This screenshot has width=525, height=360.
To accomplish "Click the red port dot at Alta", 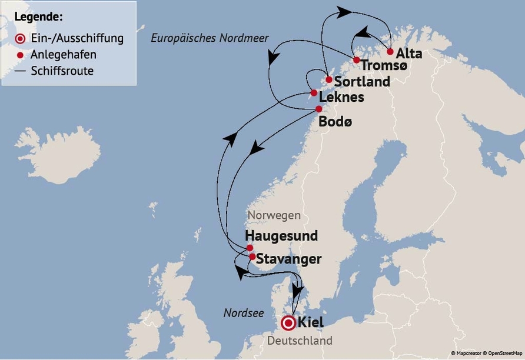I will tap(390, 51).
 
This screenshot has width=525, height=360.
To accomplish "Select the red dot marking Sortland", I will tap(329, 79).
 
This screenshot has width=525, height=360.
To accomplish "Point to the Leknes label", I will tap(341, 97).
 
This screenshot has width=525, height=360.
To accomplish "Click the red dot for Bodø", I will tap(319, 109).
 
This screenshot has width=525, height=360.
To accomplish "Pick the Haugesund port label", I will tap(281, 236).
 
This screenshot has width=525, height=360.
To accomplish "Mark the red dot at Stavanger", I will tap(252, 257).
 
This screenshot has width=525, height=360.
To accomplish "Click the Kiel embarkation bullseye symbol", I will tap(288, 323).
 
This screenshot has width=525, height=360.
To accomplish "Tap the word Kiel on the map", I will tap(311, 322).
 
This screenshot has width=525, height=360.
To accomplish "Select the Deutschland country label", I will tap(300, 341).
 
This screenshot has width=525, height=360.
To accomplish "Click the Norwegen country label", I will tap(274, 215).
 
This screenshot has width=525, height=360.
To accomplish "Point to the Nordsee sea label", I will tap(244, 313).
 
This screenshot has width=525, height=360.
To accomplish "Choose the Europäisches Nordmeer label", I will tap(210, 38).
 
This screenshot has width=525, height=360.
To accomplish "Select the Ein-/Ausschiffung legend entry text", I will tap(77, 39).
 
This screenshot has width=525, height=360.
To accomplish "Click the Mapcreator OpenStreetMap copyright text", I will tap(486, 353).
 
